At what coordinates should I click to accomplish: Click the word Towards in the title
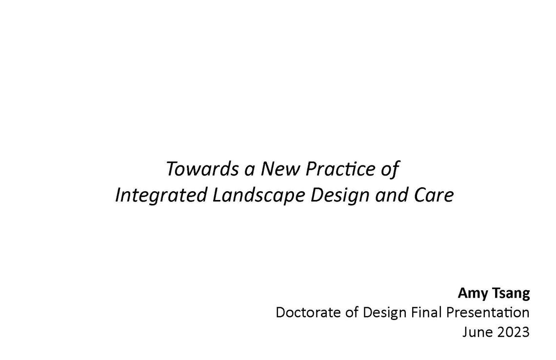pyautogui.click(x=197, y=169)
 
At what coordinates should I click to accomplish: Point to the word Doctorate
pyautogui.click(x=309, y=312)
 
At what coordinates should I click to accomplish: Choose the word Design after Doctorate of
pyautogui.click(x=386, y=312)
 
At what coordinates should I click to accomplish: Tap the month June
pyautogui.click(x=477, y=332)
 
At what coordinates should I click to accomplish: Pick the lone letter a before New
pyautogui.click(x=250, y=170)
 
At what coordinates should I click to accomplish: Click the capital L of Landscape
pyautogui.click(x=217, y=195)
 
